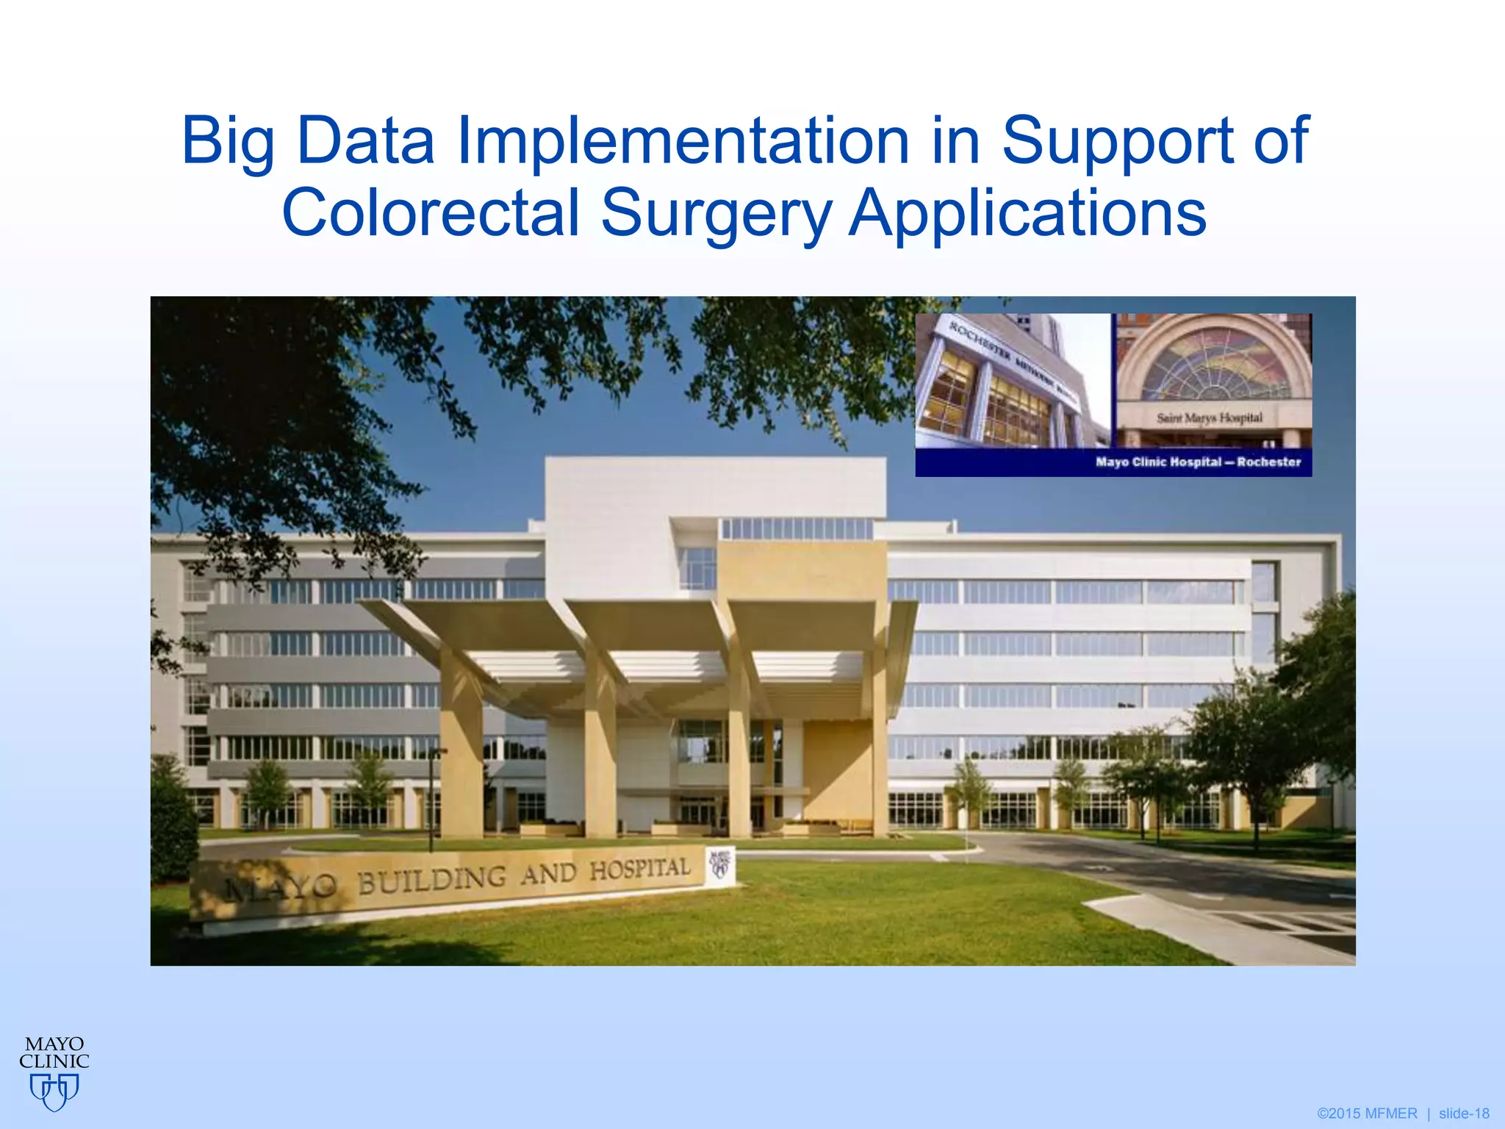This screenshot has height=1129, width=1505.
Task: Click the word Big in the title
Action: coord(227,141)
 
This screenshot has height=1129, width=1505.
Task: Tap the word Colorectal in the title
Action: coord(431,213)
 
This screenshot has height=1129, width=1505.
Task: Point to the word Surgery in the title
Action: coord(716,213)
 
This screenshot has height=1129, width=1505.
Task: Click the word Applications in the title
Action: coord(1027,213)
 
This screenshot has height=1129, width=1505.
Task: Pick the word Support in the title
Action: coord(1117,141)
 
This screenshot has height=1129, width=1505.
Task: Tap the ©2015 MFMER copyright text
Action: coord(1367,1114)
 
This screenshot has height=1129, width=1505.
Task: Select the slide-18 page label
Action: coord(1464,1114)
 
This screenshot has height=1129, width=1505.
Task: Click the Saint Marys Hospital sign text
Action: coord(1210,418)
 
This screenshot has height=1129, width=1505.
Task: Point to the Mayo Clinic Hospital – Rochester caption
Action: coord(1198,462)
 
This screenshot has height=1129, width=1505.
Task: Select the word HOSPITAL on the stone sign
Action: coord(639,870)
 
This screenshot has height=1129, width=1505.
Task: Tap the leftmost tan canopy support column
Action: coord(461,750)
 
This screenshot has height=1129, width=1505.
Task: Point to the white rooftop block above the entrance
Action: coord(714,485)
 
